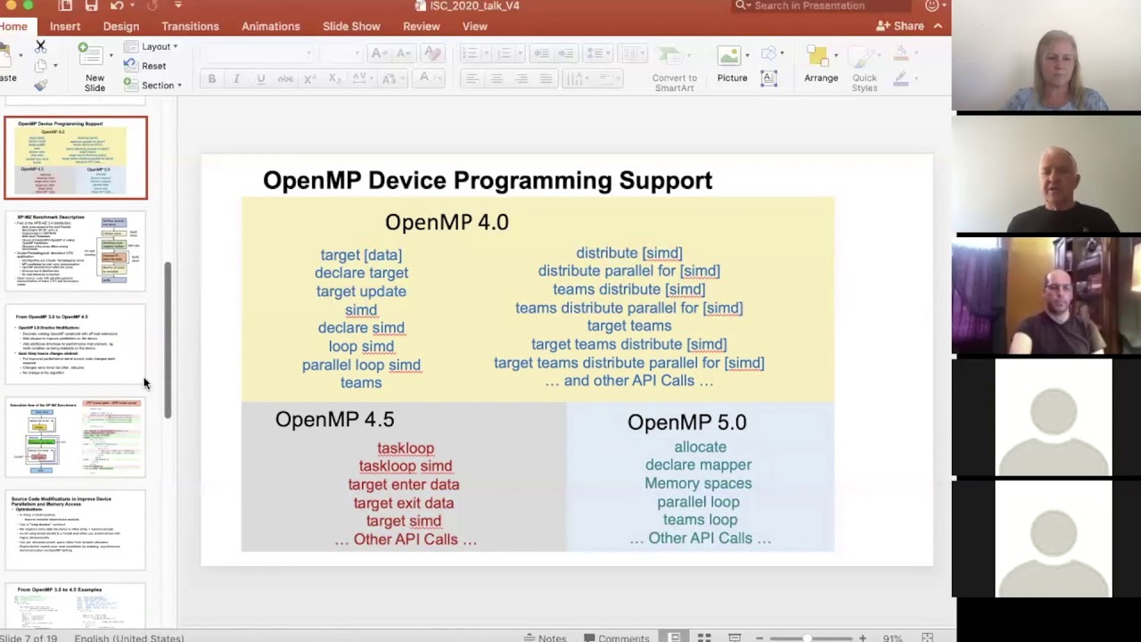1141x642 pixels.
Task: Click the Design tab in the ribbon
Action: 120,27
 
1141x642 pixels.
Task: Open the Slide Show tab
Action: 351,27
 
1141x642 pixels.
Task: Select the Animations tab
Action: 270,27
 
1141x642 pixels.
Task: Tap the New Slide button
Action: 94,68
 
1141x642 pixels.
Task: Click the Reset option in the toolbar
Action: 152,66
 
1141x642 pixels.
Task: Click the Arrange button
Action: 820,66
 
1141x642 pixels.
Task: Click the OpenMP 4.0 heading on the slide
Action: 447,222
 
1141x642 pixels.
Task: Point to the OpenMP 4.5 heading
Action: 334,420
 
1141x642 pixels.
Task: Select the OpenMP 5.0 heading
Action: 686,423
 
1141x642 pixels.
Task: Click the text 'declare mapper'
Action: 698,465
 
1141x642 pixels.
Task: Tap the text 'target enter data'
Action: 404,484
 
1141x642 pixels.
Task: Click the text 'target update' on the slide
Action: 361,292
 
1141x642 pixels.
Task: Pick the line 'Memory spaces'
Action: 698,483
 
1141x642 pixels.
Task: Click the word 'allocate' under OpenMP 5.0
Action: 700,447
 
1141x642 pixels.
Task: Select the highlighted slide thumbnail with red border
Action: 76,158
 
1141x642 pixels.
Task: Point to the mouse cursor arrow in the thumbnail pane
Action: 146,383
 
